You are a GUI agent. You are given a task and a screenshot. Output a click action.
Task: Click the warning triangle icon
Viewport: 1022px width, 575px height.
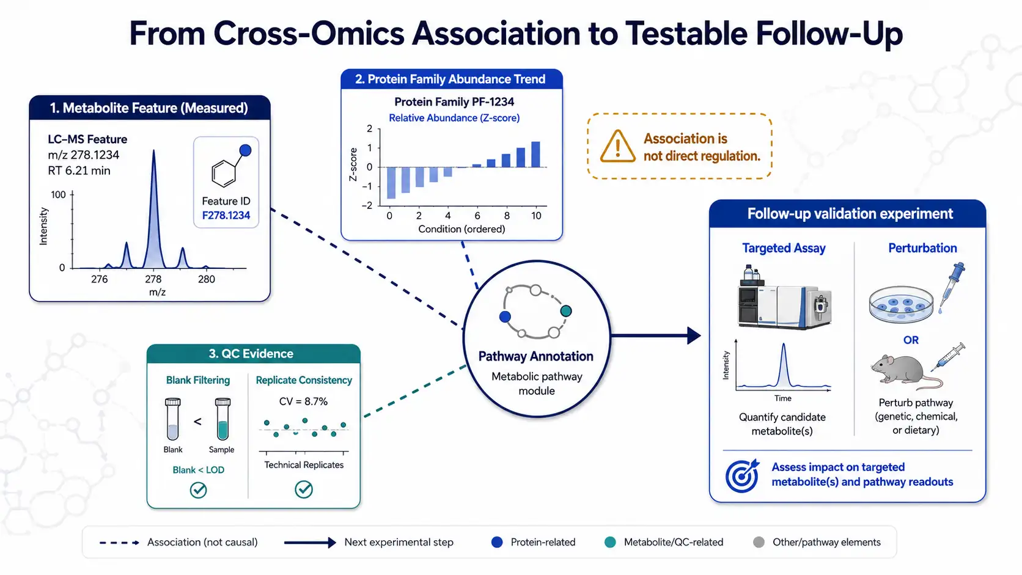(617, 147)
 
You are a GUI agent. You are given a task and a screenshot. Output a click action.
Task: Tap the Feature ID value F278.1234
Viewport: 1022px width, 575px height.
(226, 215)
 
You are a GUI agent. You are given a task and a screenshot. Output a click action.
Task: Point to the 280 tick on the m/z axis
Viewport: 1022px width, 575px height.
(206, 279)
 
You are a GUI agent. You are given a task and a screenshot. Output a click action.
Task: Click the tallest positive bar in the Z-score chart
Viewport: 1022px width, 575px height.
(535, 154)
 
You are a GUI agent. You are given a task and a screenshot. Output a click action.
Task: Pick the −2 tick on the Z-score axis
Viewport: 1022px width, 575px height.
(367, 206)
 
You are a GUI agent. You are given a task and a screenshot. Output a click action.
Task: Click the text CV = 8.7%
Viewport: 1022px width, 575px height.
(303, 401)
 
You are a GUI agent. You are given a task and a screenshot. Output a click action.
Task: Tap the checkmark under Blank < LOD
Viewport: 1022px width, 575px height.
(199, 490)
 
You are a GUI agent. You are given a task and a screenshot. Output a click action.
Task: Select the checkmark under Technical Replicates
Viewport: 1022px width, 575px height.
(303, 489)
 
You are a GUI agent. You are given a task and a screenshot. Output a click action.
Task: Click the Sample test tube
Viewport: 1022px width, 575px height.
(222, 419)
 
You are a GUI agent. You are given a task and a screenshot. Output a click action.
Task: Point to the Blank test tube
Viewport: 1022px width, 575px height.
(172, 419)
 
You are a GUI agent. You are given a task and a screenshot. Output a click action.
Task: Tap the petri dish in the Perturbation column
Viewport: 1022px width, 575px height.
(901, 304)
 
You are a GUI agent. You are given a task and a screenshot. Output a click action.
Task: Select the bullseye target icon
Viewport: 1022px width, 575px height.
(742, 475)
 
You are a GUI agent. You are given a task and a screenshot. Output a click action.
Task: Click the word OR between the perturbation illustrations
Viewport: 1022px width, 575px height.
(911, 340)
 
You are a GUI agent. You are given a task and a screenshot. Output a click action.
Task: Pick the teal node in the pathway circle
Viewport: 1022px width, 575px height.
(566, 311)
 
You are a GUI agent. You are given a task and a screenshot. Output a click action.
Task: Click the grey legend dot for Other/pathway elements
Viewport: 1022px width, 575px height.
(759, 542)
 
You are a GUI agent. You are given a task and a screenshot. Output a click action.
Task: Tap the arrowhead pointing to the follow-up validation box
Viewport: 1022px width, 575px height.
(694, 335)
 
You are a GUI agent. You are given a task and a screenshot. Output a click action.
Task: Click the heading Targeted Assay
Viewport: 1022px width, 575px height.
(784, 248)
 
